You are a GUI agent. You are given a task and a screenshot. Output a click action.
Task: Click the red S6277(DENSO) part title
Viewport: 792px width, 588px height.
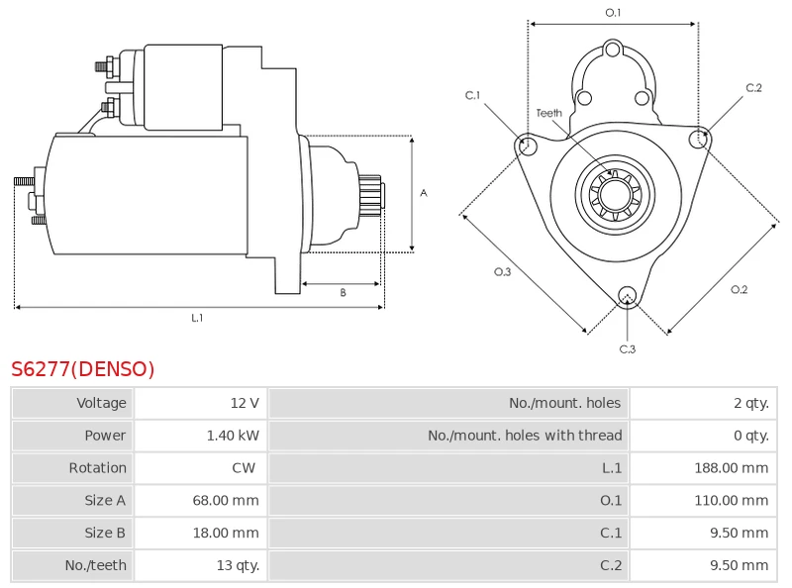pos(83,369)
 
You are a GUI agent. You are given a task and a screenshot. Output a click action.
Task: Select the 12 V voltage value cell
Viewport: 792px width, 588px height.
pos(244,403)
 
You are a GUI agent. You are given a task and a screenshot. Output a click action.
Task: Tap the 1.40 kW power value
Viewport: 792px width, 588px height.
pos(233,436)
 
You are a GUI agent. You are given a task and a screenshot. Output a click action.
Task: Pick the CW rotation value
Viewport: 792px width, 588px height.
pos(244,468)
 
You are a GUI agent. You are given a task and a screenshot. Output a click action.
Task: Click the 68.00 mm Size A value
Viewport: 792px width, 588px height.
pos(226,501)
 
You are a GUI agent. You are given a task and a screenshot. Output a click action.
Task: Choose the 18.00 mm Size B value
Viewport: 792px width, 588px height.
pos(226,534)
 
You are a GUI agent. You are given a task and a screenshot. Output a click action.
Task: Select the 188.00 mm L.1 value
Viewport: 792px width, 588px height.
pos(732,468)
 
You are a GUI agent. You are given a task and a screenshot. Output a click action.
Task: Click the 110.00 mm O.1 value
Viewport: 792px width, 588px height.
pos(732,501)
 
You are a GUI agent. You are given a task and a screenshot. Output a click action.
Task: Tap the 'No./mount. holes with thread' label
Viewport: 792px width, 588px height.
pos(525,436)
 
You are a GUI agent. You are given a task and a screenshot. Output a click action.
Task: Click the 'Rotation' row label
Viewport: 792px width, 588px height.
pos(97,468)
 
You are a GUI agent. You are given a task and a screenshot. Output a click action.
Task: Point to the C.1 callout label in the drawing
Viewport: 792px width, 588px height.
pos(472,95)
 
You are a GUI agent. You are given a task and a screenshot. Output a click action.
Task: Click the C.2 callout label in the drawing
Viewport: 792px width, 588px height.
pos(753,88)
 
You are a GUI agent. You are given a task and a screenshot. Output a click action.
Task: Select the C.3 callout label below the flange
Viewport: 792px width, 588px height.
pos(627,348)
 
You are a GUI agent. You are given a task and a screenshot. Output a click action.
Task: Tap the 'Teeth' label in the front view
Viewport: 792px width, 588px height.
pos(548,113)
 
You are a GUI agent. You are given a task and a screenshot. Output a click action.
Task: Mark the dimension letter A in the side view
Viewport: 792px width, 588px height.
pos(424,193)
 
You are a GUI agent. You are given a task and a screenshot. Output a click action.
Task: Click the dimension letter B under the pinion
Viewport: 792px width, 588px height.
pos(343,292)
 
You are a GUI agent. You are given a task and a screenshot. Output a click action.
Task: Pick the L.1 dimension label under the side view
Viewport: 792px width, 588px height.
pos(197,318)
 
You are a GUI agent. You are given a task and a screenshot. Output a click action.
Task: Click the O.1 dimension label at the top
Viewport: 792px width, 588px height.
pos(613,13)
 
